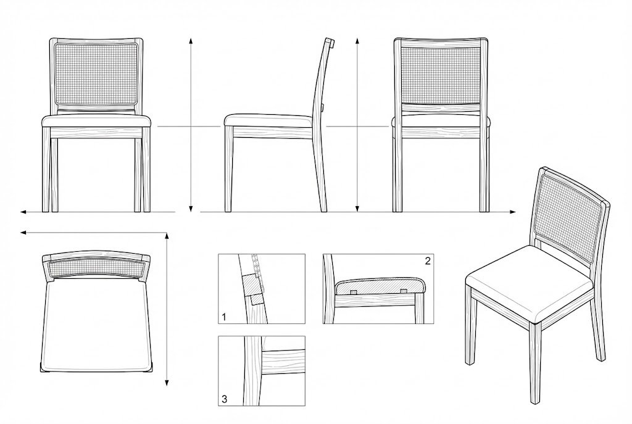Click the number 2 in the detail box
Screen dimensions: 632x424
428,261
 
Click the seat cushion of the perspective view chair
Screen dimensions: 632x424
529,281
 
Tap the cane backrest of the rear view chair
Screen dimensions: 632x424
441,74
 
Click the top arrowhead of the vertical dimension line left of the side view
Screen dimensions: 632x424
191,41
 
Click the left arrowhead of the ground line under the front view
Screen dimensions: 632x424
23,212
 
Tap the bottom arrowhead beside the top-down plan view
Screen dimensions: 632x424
167,383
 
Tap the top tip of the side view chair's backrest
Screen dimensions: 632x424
330,40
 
